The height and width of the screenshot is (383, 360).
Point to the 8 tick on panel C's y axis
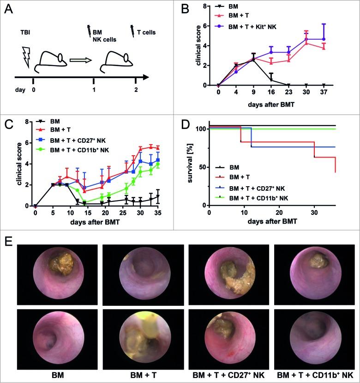(x=29, y=122)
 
